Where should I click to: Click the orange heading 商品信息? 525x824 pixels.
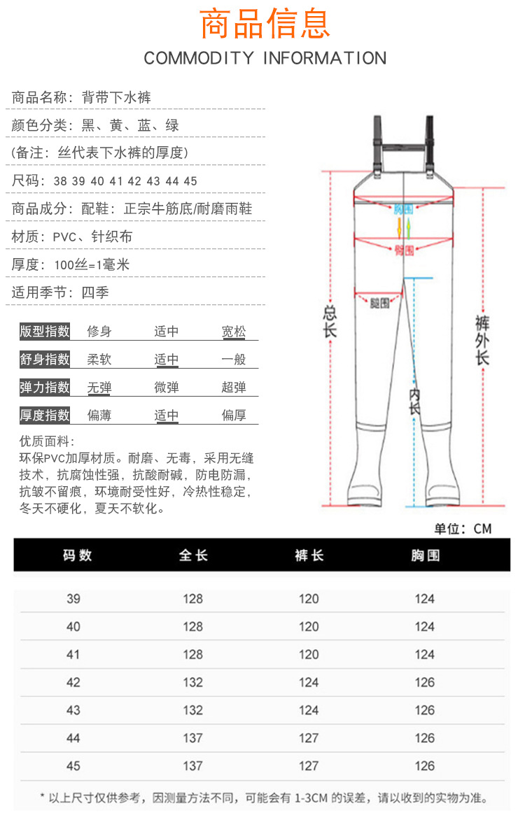[x=265, y=24]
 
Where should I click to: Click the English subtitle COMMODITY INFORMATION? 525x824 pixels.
[x=265, y=58]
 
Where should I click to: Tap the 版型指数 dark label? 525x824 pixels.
[x=45, y=332]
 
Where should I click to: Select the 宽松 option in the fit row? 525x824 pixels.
[x=234, y=332]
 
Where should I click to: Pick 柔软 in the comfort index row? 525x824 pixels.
[x=99, y=360]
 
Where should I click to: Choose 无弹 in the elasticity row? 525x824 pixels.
[x=99, y=388]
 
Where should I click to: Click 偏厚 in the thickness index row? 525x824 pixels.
[x=234, y=415]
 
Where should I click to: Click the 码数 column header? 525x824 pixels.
[x=77, y=555]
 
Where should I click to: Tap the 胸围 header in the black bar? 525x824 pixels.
[x=425, y=555]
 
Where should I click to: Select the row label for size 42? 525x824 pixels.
[x=73, y=683]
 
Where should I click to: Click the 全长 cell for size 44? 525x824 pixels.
[x=192, y=738]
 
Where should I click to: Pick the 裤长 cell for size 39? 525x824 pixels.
[x=309, y=599]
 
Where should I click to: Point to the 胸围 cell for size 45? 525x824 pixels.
[x=425, y=766]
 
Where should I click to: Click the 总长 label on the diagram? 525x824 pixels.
[x=330, y=322]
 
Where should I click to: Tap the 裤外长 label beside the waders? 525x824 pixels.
[x=482, y=340]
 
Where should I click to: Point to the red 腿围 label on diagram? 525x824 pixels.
[x=380, y=303]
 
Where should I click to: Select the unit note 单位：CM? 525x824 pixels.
[x=463, y=529]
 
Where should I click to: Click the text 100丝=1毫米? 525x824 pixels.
[x=92, y=265]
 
